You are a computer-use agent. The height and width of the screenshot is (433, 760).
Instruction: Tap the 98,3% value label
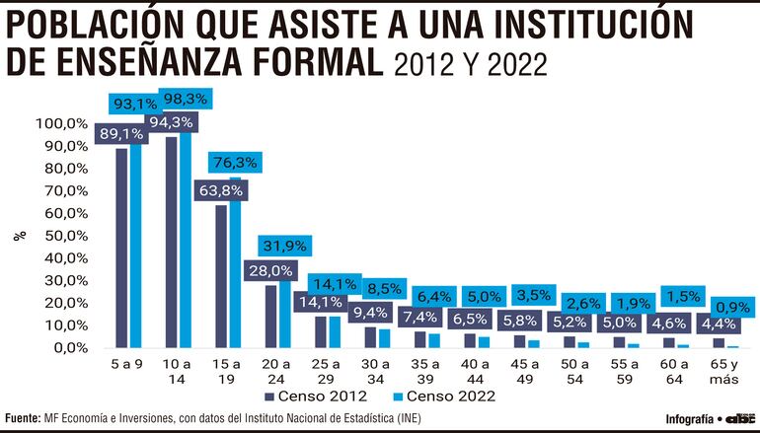pyautogui.click(x=180, y=100)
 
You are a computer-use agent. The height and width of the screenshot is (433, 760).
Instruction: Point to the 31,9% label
pyautogui.click(x=281, y=246)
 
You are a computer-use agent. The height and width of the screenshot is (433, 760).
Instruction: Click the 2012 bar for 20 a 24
pyautogui.click(x=270, y=316)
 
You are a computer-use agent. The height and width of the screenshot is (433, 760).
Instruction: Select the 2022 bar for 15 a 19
pyautogui.click(x=235, y=262)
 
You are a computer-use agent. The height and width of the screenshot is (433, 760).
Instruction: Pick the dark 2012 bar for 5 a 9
pyautogui.click(x=121, y=248)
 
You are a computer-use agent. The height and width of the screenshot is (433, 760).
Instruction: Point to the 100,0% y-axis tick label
pyautogui.click(x=63, y=123)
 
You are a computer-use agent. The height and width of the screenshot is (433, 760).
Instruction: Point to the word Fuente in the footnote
pyautogui.click(x=24, y=417)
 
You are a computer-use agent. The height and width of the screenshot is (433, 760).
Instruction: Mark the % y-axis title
pyautogui.click(x=18, y=236)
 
